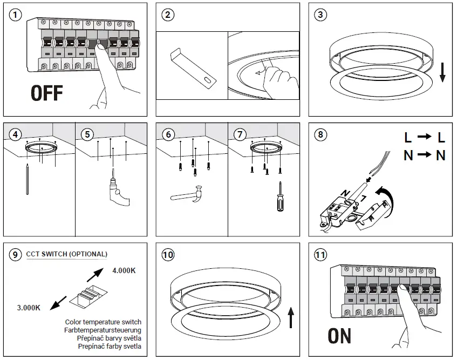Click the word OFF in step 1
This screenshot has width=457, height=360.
pos(46,93)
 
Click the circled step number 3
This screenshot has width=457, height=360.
pos(321,15)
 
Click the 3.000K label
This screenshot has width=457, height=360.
pos(29,308)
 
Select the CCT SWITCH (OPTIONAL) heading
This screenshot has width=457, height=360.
pos(67,254)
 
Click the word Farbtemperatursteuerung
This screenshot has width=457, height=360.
pos(103,330)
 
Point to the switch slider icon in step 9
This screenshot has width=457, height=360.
pos(85,295)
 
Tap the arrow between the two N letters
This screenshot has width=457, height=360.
pos(425,155)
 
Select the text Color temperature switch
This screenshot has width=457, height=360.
pos(103,322)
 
